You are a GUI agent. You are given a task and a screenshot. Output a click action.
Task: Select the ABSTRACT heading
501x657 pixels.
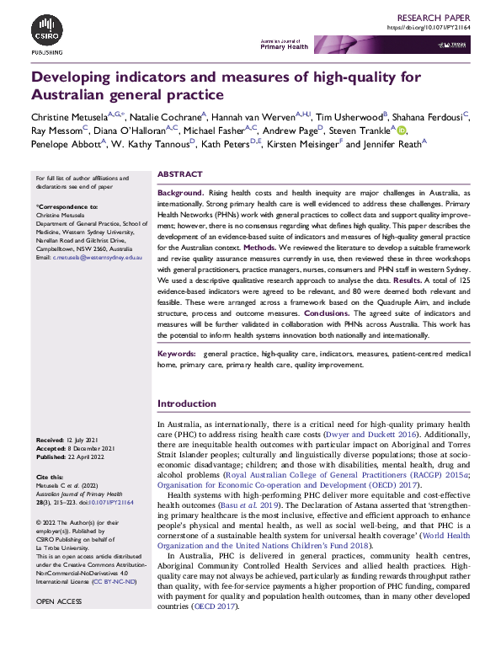pos(181,174)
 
